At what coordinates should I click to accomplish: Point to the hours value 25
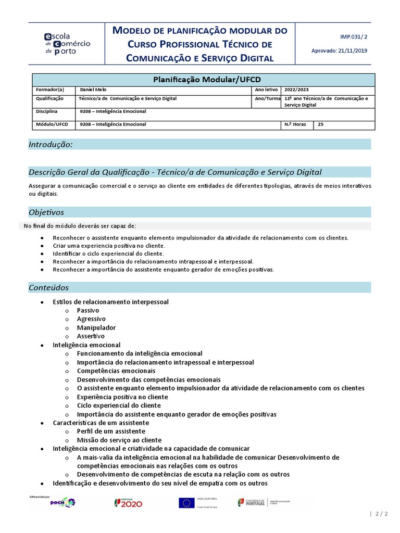pos(321,124)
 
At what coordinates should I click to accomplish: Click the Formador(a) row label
pos(50,90)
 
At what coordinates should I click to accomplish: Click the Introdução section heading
pos(51,144)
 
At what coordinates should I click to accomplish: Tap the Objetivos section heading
pos(46,212)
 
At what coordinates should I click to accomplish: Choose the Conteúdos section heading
pos(48,287)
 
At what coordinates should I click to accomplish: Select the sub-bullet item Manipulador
pos(96,327)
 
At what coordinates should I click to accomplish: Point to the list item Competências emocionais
pos(116,371)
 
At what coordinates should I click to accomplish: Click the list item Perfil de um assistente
pos(111,431)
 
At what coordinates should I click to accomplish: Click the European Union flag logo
pos(186,502)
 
